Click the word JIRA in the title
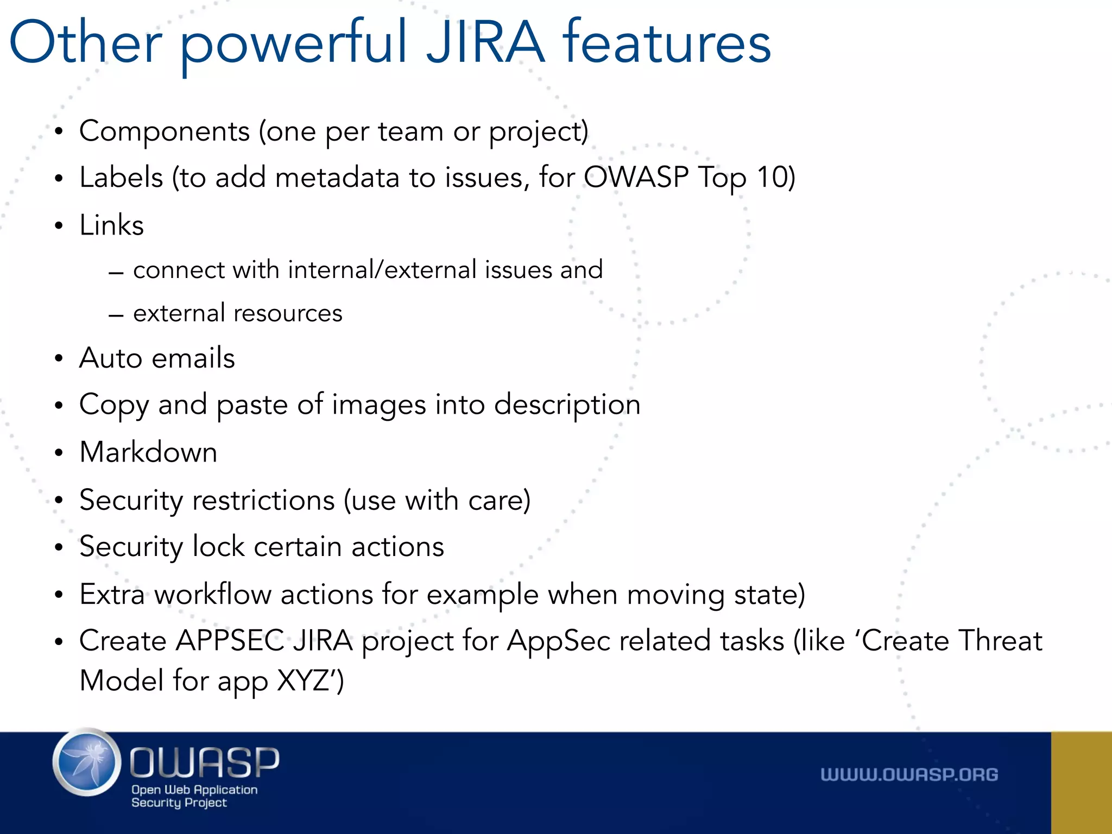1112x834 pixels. (x=485, y=42)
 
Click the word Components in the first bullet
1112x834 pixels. (x=165, y=131)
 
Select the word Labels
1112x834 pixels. (x=121, y=178)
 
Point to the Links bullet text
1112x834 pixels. (x=111, y=225)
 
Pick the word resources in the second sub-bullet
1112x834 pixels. (x=288, y=313)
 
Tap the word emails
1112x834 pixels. (x=193, y=358)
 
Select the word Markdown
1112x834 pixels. (x=148, y=452)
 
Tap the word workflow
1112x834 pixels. (x=212, y=595)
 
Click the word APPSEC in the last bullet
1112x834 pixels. (x=230, y=641)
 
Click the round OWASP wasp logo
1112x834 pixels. (x=87, y=762)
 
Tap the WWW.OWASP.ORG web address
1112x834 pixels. (x=909, y=775)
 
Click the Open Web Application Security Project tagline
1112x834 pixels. (x=194, y=796)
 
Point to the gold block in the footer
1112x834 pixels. (x=1081, y=782)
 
